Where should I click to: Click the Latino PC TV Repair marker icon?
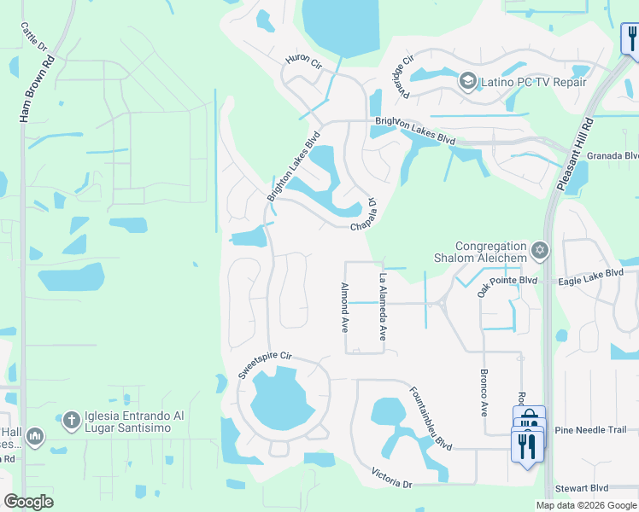467,82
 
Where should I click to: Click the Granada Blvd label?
619,155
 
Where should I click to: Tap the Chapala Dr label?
365,216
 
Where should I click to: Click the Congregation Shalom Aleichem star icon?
538,250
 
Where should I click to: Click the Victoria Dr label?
392,478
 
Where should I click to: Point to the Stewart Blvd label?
582,487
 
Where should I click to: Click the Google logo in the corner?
28,501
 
